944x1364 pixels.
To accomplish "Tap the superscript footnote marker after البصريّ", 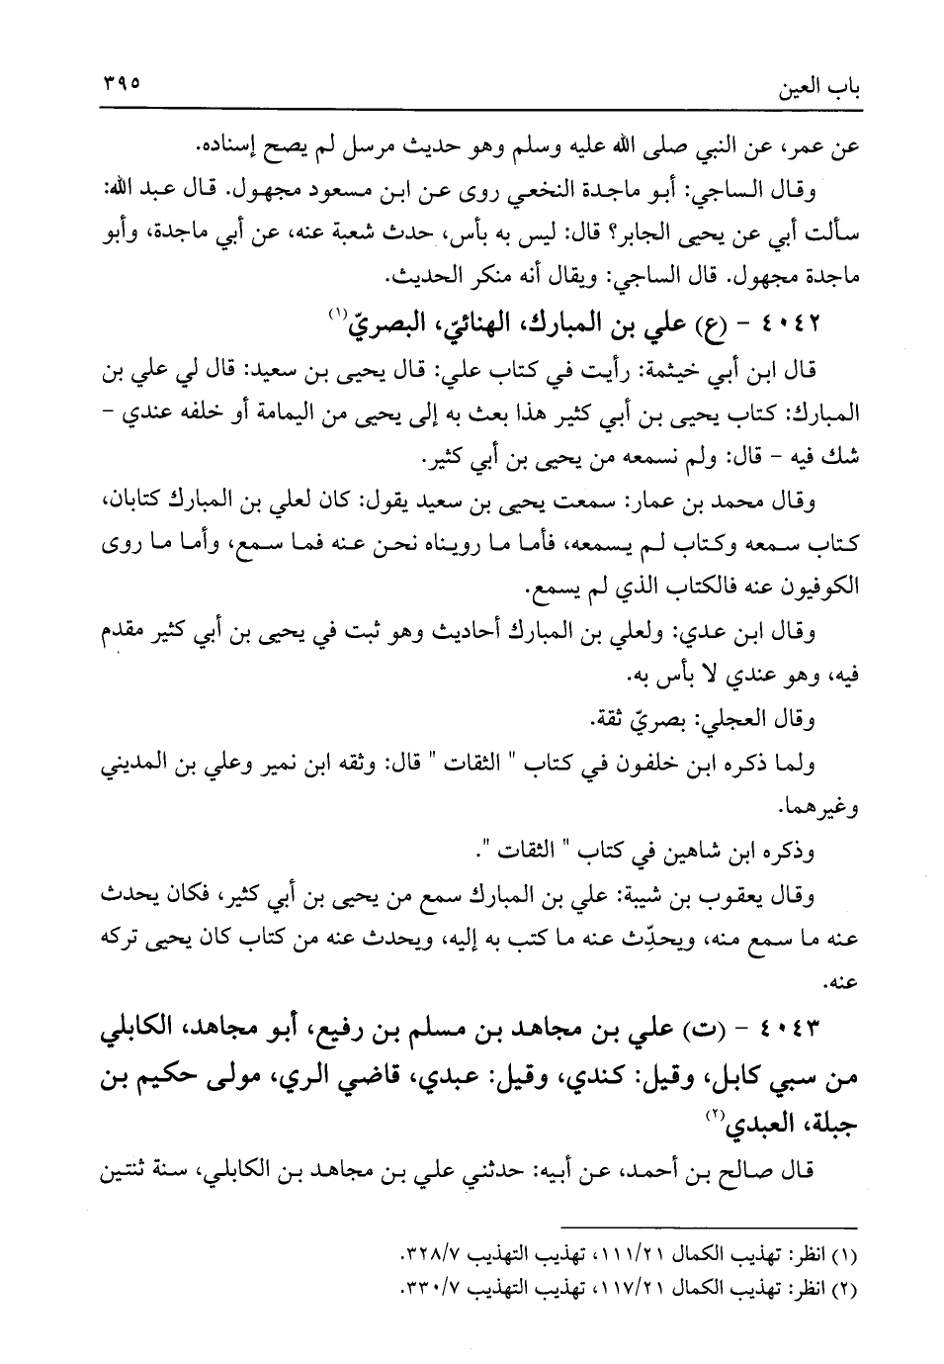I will tap(339, 314).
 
